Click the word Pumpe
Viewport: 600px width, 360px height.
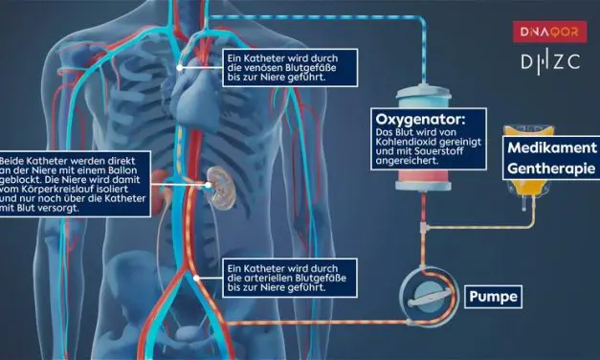pos(493,297)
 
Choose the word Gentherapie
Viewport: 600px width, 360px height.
pos(552,169)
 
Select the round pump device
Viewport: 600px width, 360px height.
pos(421,296)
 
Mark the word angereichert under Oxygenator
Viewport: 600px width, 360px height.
pos(405,162)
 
